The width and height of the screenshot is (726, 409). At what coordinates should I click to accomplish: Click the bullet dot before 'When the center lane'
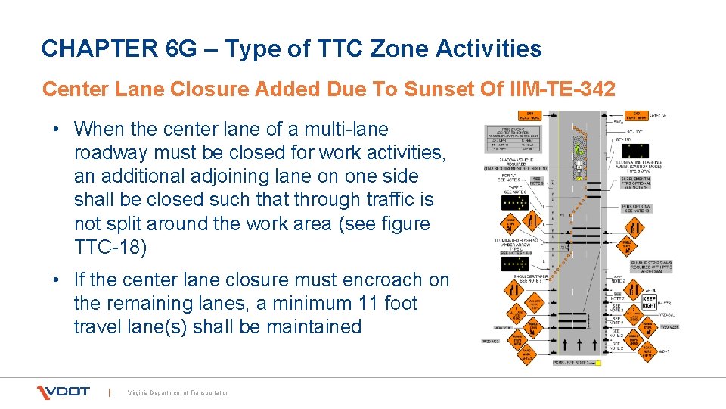(x=58, y=130)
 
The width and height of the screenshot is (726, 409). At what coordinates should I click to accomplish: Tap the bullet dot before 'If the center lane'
(x=58, y=280)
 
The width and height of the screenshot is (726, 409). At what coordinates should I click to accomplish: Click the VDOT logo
(x=64, y=392)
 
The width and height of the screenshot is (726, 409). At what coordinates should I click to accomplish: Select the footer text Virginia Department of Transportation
(x=178, y=392)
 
